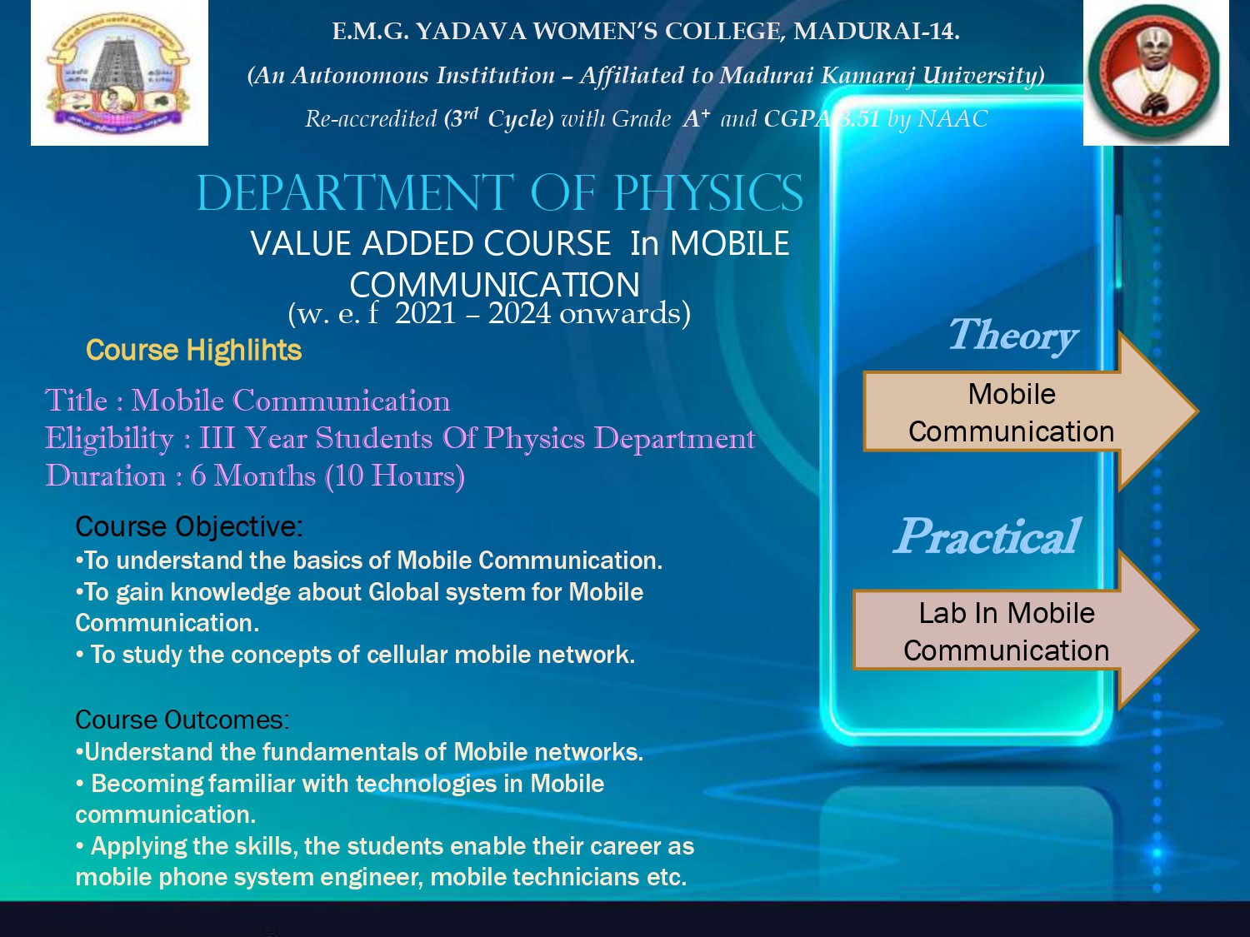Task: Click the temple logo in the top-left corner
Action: [119, 72]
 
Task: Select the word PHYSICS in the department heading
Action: [708, 193]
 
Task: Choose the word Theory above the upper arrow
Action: [1012, 336]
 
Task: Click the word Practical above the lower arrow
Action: [987, 536]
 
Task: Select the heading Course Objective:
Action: [189, 527]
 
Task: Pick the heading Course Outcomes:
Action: [182, 720]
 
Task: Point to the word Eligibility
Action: [109, 438]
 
